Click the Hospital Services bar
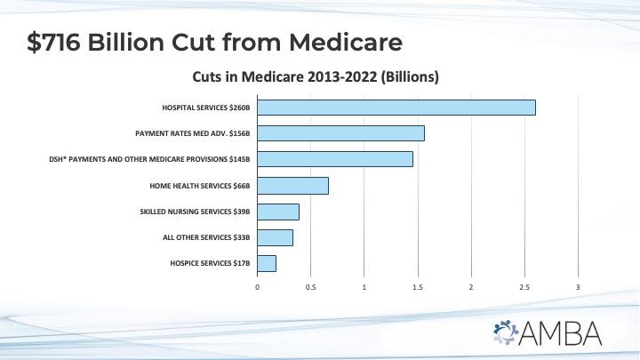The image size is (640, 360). coord(396,108)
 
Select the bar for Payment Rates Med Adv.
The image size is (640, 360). coord(340,133)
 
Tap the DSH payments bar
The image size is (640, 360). coord(335,159)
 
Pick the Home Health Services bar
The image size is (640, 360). coord(293,185)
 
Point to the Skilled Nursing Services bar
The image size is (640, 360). coord(278,212)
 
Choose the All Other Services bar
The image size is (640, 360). coord(276,237)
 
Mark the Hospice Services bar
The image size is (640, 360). coord(267,263)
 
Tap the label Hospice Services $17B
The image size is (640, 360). coord(210,264)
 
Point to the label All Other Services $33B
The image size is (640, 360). coord(206,237)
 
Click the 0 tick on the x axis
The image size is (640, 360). coord(258,287)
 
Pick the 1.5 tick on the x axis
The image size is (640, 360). coord(418,287)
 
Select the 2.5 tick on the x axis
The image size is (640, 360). coord(524,287)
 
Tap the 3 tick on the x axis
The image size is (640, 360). coord(578,287)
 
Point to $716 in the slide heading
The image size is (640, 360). coord(61,42)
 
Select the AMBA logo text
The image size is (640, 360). coord(564,332)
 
